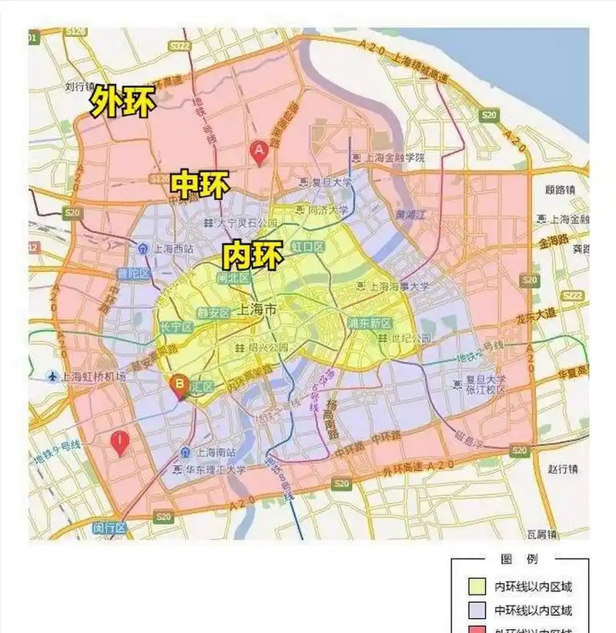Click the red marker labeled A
tap(260, 152)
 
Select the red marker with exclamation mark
tap(119, 444)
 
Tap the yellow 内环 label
tap(252, 254)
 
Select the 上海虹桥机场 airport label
tap(92, 377)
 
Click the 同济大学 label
tap(328, 209)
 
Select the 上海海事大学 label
tap(393, 286)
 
